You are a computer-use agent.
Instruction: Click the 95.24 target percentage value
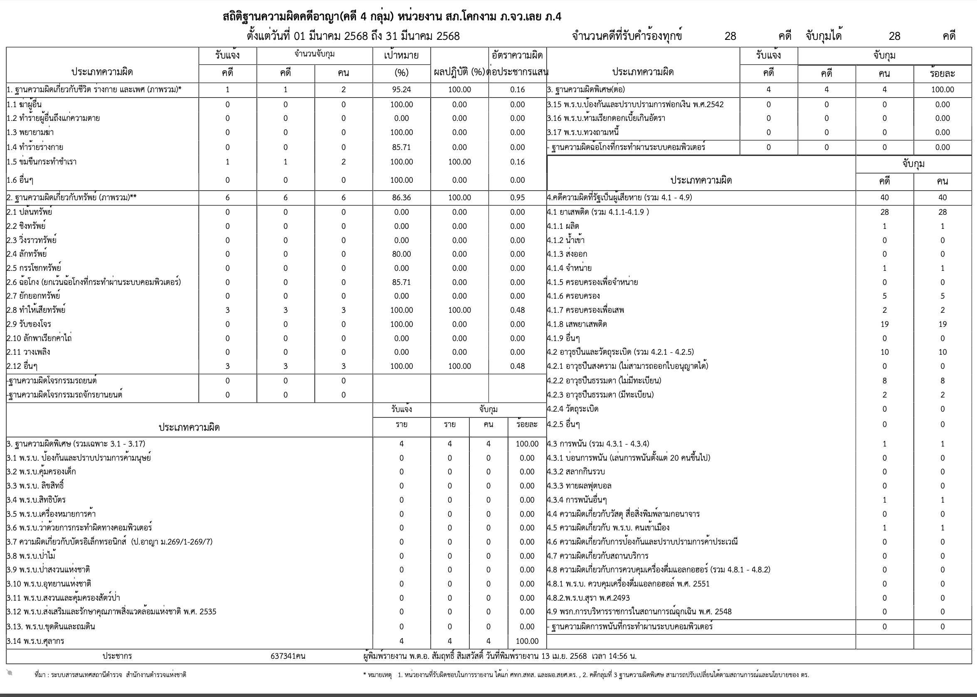pos(401,90)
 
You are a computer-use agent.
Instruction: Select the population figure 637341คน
pos(288,656)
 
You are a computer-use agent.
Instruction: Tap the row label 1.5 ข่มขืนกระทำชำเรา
pos(42,162)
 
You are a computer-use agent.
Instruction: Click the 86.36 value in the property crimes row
pos(401,198)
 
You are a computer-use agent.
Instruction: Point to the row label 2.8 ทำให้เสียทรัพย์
pos(36,310)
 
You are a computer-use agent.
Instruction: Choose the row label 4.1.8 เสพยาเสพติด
pos(577,324)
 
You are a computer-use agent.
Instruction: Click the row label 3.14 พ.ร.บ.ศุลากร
pos(35,641)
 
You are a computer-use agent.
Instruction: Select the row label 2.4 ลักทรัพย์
pos(27,254)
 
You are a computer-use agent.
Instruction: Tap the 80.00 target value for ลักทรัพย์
pos(401,254)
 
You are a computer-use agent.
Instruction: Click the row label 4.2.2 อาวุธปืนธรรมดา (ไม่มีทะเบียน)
pos(604,380)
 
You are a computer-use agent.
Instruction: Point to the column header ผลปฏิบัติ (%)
pos(459,73)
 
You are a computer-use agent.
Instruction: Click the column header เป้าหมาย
pos(401,55)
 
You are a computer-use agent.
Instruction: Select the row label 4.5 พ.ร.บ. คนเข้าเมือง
pos(608,528)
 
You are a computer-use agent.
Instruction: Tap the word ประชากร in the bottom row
pos(117,656)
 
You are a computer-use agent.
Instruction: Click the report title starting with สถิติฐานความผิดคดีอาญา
pos(392,17)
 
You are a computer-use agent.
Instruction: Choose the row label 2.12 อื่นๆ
pos(22,366)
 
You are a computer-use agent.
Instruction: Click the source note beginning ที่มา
pos(110,675)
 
